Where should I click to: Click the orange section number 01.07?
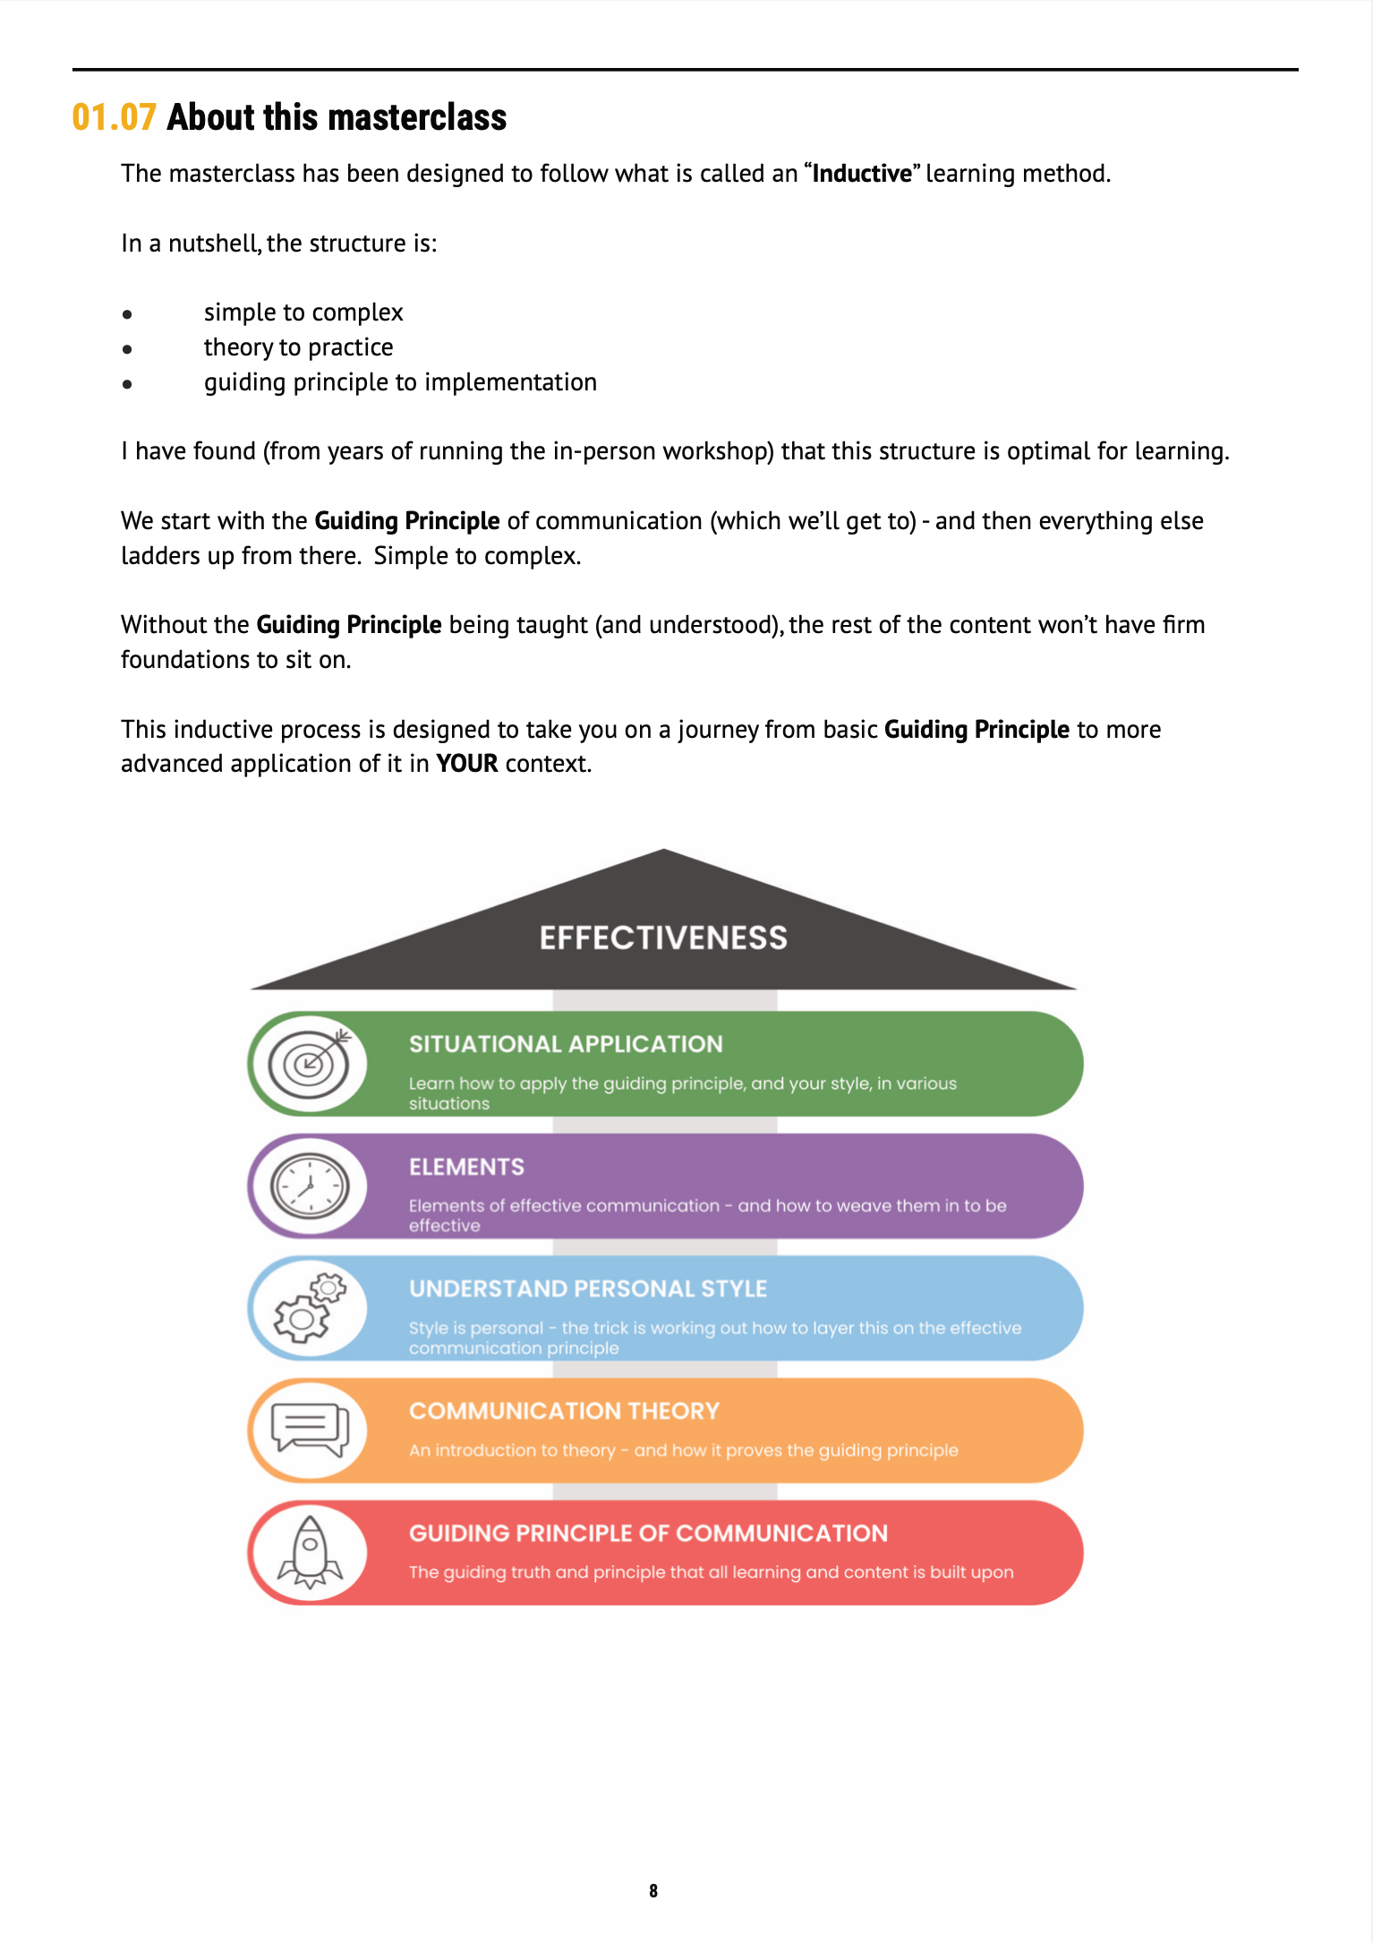click(114, 117)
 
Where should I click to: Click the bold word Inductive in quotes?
click(862, 173)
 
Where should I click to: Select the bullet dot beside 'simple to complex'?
click(128, 314)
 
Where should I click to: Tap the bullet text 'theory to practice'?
click(298, 347)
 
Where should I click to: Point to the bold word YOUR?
click(466, 764)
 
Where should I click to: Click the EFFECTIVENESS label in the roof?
click(663, 937)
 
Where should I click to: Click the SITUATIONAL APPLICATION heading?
click(566, 1044)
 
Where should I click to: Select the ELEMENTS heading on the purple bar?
click(466, 1167)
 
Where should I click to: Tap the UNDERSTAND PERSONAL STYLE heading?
click(588, 1288)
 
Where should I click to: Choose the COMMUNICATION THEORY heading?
click(564, 1411)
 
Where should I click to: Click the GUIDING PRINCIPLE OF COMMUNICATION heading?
click(648, 1533)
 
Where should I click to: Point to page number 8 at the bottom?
click(653, 1890)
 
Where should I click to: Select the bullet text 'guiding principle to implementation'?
click(400, 382)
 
